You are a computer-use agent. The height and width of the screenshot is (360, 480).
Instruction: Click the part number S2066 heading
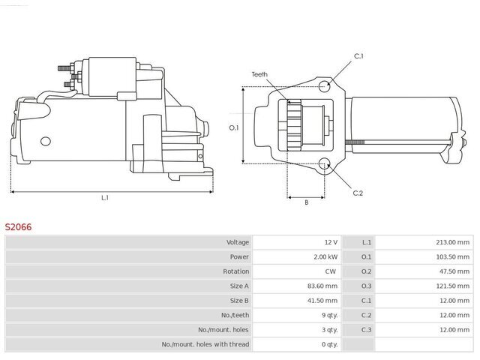tap(18, 226)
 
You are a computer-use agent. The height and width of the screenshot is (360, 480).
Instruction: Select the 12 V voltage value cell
tap(331, 242)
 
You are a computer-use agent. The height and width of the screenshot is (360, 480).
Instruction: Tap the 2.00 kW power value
tap(325, 256)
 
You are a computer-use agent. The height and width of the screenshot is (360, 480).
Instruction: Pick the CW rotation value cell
tap(331, 271)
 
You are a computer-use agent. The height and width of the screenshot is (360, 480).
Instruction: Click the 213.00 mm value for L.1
tap(452, 242)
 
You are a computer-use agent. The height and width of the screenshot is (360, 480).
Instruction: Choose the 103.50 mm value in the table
tap(452, 256)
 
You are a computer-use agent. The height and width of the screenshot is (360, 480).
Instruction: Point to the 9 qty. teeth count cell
tap(330, 315)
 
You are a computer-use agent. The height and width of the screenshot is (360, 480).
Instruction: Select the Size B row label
tap(239, 301)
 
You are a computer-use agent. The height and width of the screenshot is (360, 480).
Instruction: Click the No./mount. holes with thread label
tap(205, 344)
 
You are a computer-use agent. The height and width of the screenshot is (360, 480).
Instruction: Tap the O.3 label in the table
tap(366, 286)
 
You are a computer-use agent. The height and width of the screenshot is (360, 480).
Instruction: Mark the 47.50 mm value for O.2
tap(454, 271)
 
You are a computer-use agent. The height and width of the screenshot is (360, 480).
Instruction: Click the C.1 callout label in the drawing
tap(358, 56)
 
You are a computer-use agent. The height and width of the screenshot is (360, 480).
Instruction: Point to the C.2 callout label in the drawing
tap(358, 193)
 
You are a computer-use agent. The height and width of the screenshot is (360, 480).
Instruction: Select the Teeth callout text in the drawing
tap(259, 74)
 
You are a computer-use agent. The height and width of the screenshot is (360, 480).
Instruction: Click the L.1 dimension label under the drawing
tap(105, 198)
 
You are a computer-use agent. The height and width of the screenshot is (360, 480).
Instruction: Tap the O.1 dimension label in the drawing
tap(234, 127)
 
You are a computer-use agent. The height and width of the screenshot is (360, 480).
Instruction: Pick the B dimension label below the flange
tap(307, 202)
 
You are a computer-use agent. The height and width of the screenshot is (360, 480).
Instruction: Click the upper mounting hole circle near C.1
tap(324, 86)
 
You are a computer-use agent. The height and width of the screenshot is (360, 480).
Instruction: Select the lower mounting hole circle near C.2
tap(324, 163)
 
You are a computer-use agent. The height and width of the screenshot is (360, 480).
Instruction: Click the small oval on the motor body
tap(46, 141)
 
